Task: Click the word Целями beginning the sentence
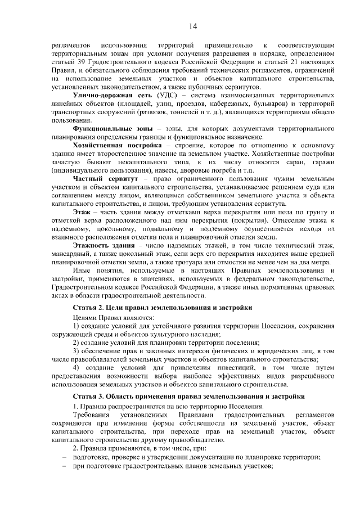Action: (x=85, y=318)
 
